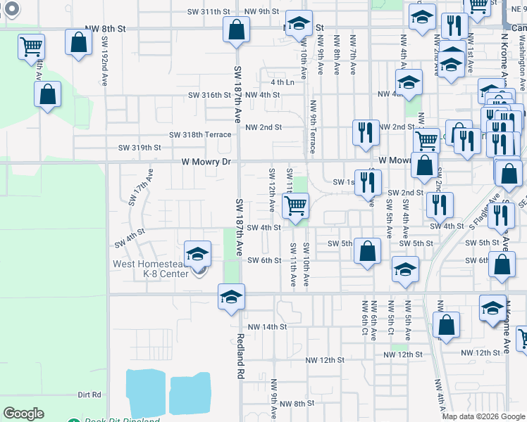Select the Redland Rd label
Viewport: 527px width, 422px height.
click(240, 356)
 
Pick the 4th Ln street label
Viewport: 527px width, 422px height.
click(282, 82)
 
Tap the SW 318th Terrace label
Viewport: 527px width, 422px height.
click(199, 134)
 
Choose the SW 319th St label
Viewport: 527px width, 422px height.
click(139, 148)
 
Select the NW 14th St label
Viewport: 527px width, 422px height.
click(267, 327)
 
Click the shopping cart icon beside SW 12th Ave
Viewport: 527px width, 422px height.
click(296, 205)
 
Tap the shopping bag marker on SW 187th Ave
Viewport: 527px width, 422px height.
click(236, 30)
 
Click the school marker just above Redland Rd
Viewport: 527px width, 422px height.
click(230, 298)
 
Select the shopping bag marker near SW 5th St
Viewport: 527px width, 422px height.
click(367, 251)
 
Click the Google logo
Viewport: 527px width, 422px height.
click(23, 414)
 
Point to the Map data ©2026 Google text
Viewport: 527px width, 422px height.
click(483, 416)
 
